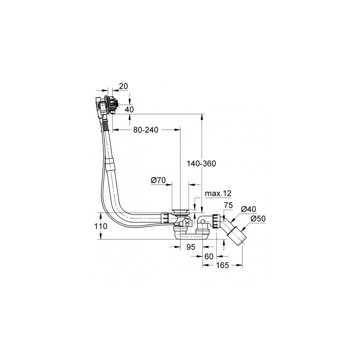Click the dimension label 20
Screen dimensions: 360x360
coord(123,86)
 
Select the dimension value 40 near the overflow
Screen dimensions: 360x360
coord(129,109)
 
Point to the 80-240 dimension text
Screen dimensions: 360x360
coord(146,130)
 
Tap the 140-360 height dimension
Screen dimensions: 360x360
coord(201,163)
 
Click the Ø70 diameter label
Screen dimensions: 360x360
coord(158,180)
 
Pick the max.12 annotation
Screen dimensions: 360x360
coord(218,193)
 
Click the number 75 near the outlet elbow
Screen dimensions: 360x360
coord(229,205)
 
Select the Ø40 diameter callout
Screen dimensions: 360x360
coord(249,209)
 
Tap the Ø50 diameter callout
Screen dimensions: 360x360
coord(258,219)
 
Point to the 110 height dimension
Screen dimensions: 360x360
coord(101,226)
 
